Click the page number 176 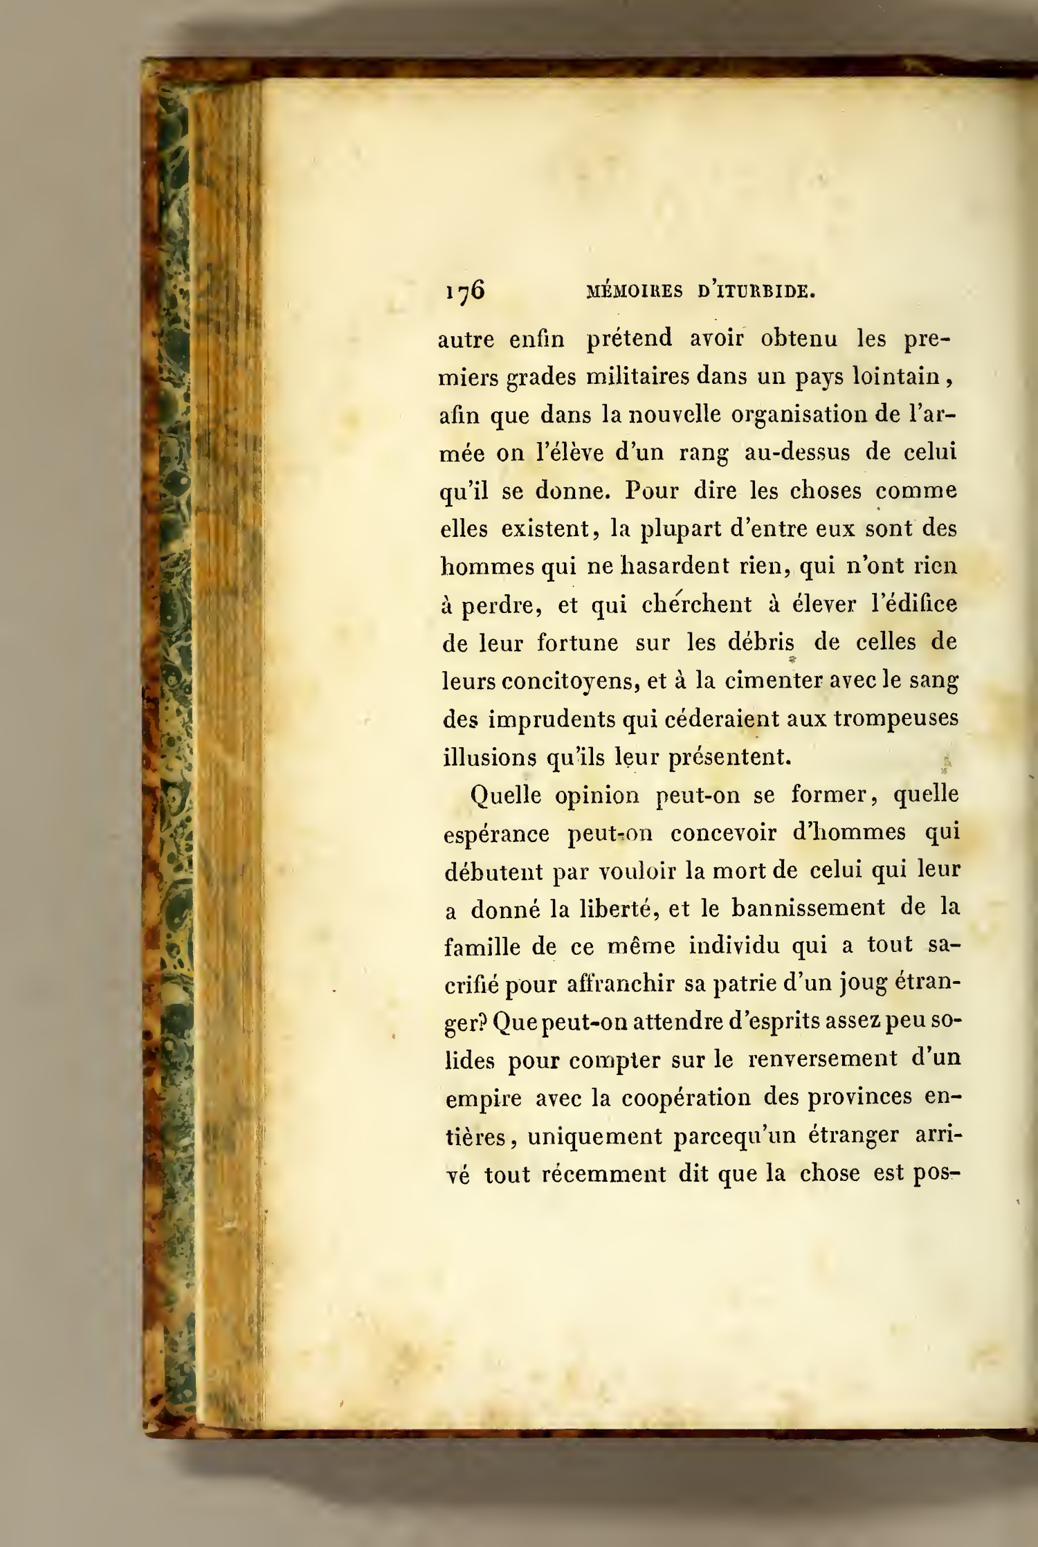click(464, 291)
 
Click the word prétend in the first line click(629, 338)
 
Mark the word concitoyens click(540, 681)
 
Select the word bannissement click(808, 908)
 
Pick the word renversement click(821, 1060)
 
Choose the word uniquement click(594, 1137)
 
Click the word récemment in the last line click(602, 1175)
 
